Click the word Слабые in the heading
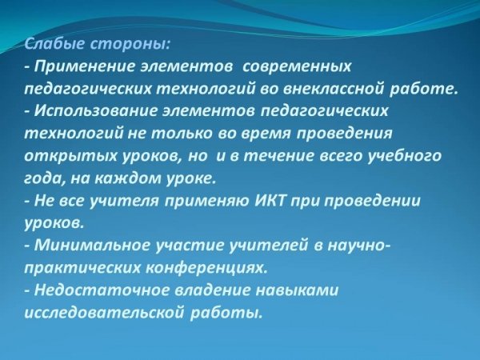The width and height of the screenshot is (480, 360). [54, 45]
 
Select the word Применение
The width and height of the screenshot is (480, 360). [84, 66]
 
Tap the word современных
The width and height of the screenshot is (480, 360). [296, 66]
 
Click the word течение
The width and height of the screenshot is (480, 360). [280, 156]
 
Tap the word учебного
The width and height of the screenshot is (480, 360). [404, 156]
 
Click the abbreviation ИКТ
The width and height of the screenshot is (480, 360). [270, 201]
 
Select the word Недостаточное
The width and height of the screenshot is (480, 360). [102, 290]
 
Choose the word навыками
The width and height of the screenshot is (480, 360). [297, 290]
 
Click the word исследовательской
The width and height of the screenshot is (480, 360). [104, 313]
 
